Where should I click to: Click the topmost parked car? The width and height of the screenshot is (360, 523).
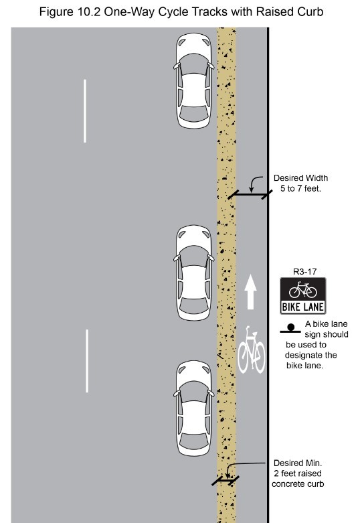pyautogui.click(x=193, y=81)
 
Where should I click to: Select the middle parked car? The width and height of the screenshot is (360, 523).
pyautogui.click(x=193, y=273)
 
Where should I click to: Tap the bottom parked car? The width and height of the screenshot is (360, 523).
pyautogui.click(x=193, y=408)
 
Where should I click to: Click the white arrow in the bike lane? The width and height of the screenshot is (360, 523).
pyautogui.click(x=251, y=291)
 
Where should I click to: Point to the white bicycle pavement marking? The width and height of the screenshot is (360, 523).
pyautogui.click(x=252, y=350)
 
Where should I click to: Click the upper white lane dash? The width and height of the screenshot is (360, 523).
pyautogui.click(x=85, y=110)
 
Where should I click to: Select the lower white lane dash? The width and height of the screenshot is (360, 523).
pyautogui.click(x=87, y=361)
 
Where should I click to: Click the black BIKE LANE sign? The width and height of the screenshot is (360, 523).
pyautogui.click(x=303, y=295)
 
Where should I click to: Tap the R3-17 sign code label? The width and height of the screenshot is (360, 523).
pyautogui.click(x=304, y=272)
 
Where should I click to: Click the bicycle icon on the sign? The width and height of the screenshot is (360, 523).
pyautogui.click(x=303, y=289)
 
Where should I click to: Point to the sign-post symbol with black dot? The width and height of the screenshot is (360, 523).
pyautogui.click(x=290, y=329)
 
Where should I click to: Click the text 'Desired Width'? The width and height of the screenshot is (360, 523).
pyautogui.click(x=300, y=178)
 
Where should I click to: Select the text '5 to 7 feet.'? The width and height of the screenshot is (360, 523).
pyautogui.click(x=300, y=189)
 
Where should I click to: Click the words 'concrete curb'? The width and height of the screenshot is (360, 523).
pyautogui.click(x=298, y=484)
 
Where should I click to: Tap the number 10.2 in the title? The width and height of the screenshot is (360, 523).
pyautogui.click(x=89, y=12)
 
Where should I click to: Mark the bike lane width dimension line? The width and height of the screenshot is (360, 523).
pyautogui.click(x=250, y=194)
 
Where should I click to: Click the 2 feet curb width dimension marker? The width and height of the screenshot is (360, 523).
pyautogui.click(x=226, y=481)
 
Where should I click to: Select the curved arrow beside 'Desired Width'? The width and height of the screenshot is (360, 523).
pyautogui.click(x=254, y=183)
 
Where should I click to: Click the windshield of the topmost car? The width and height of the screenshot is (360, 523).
pyautogui.click(x=193, y=64)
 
